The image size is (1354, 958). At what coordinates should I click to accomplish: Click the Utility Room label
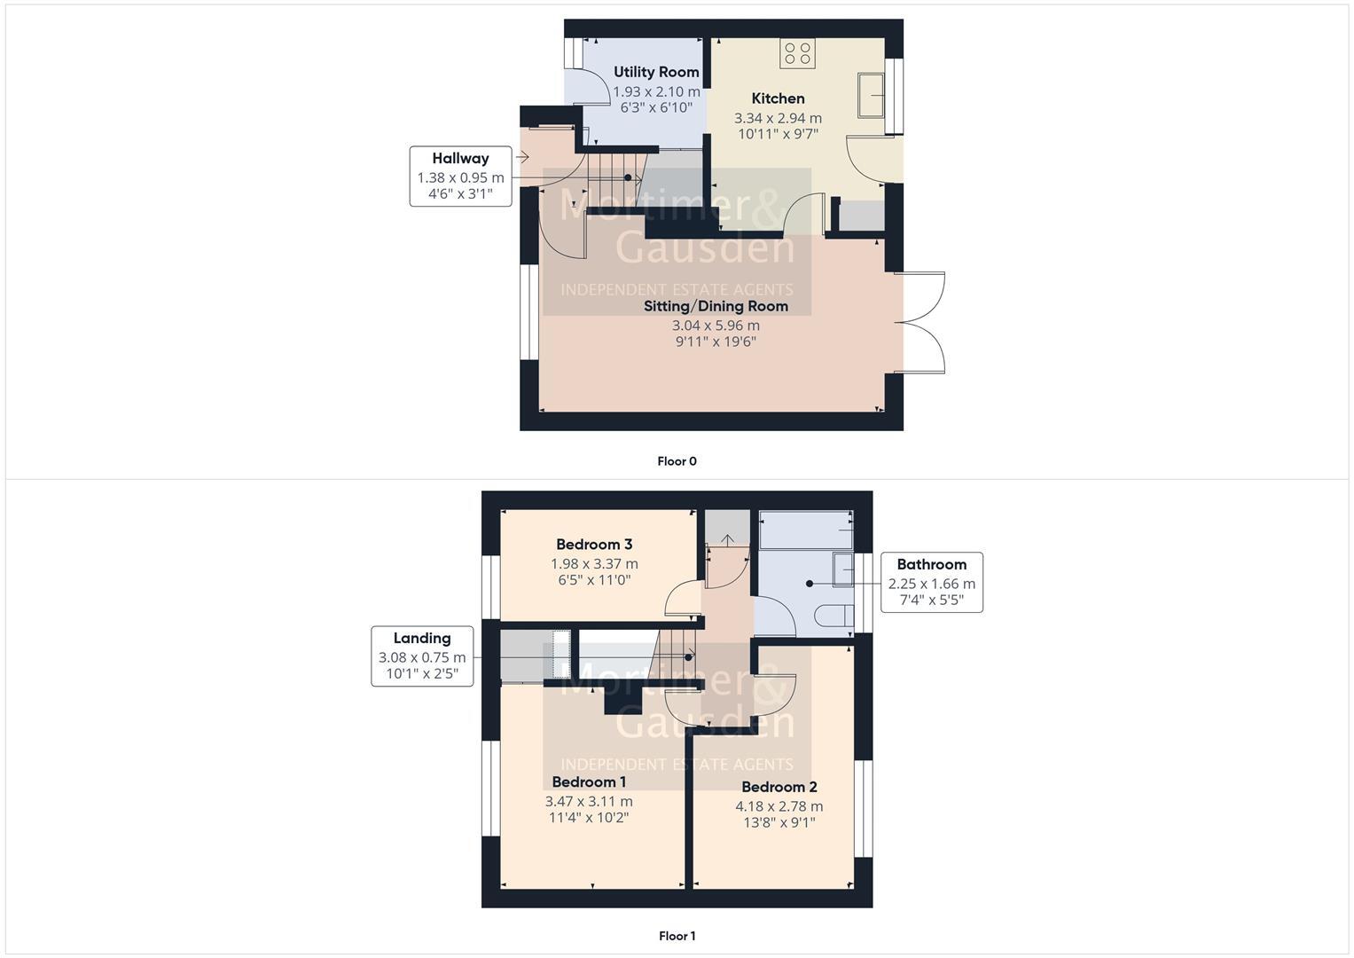click(656, 72)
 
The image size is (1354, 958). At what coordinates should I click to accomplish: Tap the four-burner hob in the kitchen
click(796, 54)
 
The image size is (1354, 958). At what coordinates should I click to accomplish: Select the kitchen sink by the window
click(871, 95)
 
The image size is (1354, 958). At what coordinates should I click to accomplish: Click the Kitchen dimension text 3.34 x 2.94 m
click(778, 118)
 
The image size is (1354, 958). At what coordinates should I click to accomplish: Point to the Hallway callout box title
click(460, 159)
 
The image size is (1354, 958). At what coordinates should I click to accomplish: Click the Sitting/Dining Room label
click(716, 306)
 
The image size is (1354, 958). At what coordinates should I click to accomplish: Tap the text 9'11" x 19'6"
click(716, 342)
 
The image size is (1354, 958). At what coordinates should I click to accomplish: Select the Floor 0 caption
click(677, 461)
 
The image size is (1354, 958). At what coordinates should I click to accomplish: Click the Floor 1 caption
click(677, 936)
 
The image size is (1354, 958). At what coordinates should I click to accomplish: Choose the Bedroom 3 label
click(594, 545)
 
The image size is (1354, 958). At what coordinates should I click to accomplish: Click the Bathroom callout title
click(931, 564)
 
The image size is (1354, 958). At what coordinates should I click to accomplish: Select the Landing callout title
click(422, 638)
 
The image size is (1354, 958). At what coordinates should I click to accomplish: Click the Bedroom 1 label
click(589, 781)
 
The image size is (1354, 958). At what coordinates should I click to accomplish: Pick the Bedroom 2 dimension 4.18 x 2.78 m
click(779, 806)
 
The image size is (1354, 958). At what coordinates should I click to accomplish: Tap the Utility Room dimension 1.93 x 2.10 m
click(656, 91)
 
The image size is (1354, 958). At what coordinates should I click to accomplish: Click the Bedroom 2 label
click(779, 787)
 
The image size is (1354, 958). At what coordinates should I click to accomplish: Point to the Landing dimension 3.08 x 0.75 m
click(422, 657)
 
